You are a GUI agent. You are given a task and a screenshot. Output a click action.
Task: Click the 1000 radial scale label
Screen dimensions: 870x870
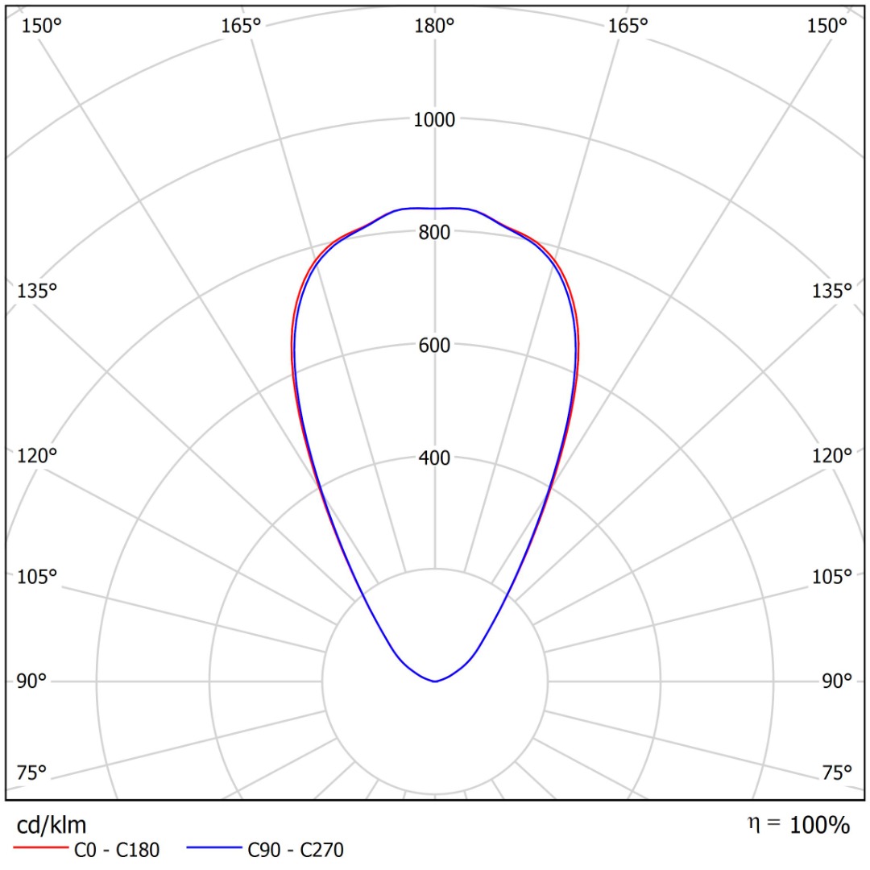(x=435, y=120)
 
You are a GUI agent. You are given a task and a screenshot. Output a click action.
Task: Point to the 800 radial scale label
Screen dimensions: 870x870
(x=435, y=233)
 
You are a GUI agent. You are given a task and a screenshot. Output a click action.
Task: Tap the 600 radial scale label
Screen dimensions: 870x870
(x=435, y=346)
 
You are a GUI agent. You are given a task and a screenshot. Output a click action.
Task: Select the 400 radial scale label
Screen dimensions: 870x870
(x=435, y=458)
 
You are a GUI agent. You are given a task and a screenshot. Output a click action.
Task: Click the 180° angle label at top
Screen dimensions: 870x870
(x=435, y=26)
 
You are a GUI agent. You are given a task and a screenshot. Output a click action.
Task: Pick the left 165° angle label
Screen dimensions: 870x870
(x=241, y=26)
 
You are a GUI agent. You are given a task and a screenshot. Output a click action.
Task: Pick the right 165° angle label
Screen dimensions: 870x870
(x=628, y=26)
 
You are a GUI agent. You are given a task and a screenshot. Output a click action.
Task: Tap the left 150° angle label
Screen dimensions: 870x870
(x=41, y=26)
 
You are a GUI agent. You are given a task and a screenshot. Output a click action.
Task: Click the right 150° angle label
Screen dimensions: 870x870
(x=827, y=26)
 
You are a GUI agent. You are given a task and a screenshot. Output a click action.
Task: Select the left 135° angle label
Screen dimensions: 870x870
(x=37, y=291)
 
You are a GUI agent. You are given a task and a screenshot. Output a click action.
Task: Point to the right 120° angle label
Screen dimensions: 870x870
(x=832, y=456)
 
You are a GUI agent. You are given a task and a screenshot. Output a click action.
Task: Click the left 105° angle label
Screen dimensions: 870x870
(x=37, y=577)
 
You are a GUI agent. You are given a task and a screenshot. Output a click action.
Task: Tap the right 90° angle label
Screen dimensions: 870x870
(x=837, y=681)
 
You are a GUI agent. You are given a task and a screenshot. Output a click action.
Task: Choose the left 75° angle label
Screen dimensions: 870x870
(x=32, y=773)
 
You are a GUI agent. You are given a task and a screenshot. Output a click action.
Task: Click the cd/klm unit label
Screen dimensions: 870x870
(x=52, y=825)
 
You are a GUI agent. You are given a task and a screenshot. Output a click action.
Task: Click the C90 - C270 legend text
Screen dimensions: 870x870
(x=296, y=850)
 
